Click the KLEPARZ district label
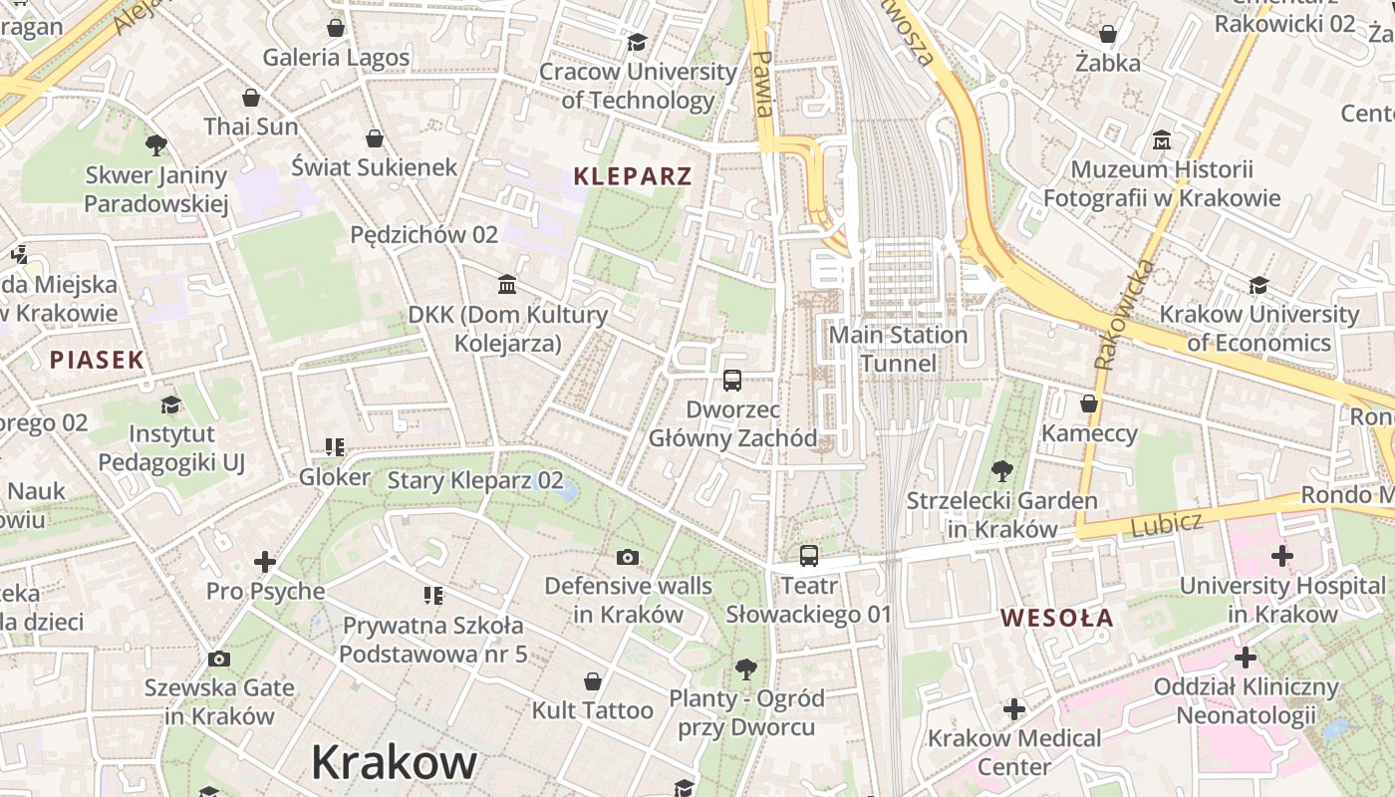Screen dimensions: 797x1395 click(x=632, y=177)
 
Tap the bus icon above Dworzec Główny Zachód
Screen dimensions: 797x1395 click(x=732, y=380)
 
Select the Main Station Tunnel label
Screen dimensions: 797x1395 click(x=898, y=349)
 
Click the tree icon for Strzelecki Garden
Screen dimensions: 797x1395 click(x=1001, y=470)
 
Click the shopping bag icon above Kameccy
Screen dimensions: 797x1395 click(x=1089, y=403)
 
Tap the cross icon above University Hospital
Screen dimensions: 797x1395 click(x=1282, y=555)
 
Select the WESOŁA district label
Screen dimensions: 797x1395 click(x=1057, y=618)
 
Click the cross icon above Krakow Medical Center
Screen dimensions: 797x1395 click(x=1014, y=709)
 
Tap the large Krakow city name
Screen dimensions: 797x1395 click(x=394, y=763)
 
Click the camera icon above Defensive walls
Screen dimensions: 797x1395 click(x=628, y=557)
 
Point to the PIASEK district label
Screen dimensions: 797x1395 click(x=98, y=361)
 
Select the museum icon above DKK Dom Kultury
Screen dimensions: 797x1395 click(x=507, y=285)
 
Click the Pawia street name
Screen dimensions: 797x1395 click(x=763, y=84)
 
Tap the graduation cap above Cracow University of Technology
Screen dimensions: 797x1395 click(x=637, y=42)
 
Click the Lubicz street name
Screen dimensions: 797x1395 click(x=1167, y=524)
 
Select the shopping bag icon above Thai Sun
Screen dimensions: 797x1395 click(x=251, y=98)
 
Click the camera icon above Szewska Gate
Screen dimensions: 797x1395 click(x=219, y=659)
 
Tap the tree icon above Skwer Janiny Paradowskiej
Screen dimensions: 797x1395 click(x=156, y=145)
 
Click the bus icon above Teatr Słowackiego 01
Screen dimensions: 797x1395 click(x=808, y=555)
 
